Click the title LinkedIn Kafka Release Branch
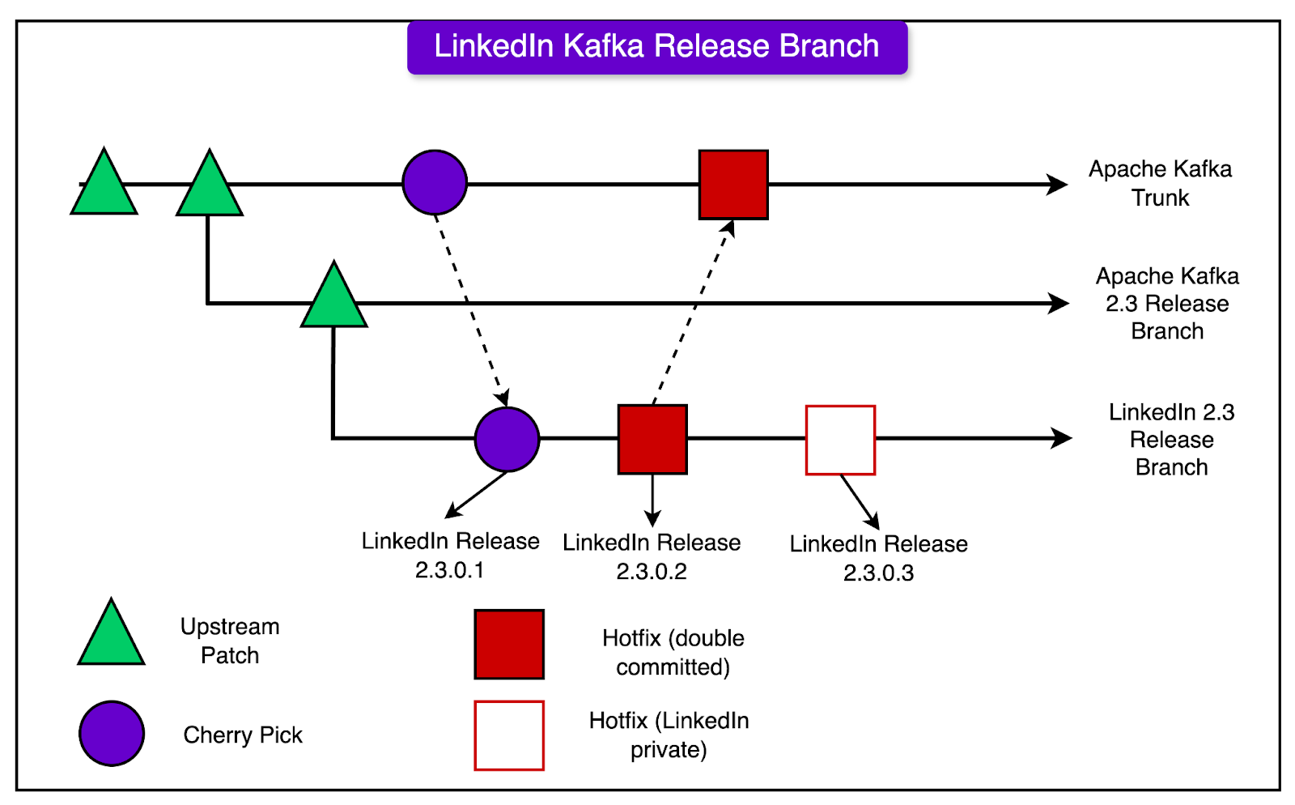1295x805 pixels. [x=656, y=47]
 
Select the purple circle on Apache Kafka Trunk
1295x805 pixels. [x=435, y=183]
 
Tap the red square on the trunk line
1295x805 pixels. [x=733, y=185]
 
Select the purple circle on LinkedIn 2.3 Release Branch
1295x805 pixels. [x=507, y=439]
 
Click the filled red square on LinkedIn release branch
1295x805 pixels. [x=652, y=439]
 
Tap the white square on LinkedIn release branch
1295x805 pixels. [x=840, y=440]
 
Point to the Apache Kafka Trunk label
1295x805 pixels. [x=1160, y=183]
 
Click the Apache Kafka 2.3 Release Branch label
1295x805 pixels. [x=1167, y=304]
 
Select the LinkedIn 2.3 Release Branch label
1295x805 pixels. [x=1171, y=440]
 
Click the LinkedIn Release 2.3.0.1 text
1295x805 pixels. [x=450, y=555]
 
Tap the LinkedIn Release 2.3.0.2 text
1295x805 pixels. [x=652, y=556]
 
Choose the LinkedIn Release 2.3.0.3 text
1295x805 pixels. [x=878, y=558]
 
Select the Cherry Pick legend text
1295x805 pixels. [x=243, y=735]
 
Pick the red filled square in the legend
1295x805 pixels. [x=509, y=645]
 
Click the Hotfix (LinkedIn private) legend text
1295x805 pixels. [x=669, y=735]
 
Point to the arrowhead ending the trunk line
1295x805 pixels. [x=1058, y=185]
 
